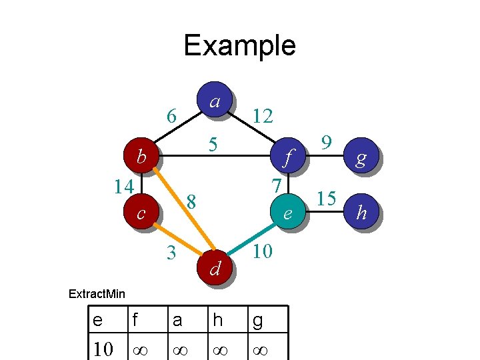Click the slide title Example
[x=239, y=45]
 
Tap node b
[x=141, y=157]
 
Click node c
[x=141, y=213]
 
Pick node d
[x=215, y=268]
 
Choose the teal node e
[x=287, y=213]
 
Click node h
[x=361, y=213]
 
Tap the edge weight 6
[x=171, y=116]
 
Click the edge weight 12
[x=262, y=117]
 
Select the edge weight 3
[x=171, y=253]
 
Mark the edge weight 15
[x=326, y=198]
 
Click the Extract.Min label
[x=97, y=293]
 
